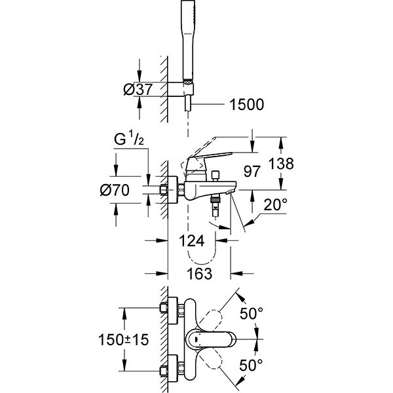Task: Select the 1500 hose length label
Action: [x=247, y=103]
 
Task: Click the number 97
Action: [x=251, y=171]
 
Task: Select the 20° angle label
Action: [x=275, y=205]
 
